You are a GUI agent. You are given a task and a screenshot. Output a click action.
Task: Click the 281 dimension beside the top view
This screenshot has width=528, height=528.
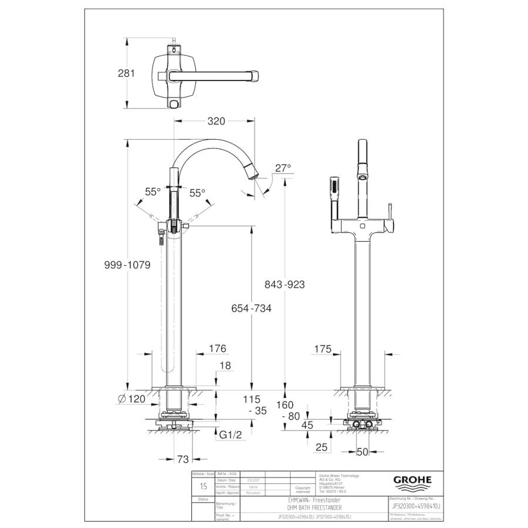126,73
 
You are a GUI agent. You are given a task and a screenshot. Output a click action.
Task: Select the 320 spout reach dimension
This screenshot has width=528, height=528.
216,121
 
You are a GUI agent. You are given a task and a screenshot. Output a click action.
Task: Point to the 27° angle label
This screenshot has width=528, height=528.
283,168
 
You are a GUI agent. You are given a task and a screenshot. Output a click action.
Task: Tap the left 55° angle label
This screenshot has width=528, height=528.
153,192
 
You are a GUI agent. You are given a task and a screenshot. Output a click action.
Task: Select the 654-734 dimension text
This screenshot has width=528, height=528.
251,309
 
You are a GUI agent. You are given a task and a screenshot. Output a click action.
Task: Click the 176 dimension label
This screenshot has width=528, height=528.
217,348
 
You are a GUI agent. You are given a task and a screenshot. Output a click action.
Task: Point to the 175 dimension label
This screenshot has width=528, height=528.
322,348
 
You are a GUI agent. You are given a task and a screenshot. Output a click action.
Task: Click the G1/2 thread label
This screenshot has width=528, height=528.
229,435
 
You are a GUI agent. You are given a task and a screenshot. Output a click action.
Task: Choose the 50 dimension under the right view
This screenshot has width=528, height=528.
364,452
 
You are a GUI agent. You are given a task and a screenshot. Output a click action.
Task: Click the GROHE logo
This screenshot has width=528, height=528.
412,480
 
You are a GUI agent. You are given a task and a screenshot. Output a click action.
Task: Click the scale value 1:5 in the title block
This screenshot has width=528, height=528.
203,486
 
